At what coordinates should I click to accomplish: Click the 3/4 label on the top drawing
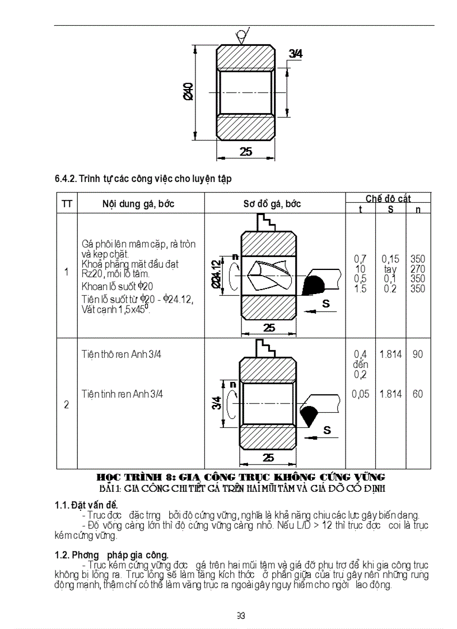(x=296, y=54)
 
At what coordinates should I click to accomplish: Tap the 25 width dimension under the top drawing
(x=246, y=151)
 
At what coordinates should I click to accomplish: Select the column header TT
(x=67, y=204)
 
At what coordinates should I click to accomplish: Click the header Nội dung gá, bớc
(x=138, y=204)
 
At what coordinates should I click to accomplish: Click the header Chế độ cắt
(x=388, y=198)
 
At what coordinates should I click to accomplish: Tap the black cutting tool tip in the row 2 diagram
(x=309, y=416)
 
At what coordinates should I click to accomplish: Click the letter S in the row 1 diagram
(x=326, y=304)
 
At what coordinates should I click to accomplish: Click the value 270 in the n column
(x=417, y=269)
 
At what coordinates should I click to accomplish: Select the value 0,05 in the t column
(x=361, y=394)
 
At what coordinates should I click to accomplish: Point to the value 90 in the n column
(x=418, y=355)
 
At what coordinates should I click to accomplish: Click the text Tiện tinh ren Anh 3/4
(x=122, y=394)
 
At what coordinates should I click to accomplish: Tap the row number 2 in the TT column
(x=67, y=404)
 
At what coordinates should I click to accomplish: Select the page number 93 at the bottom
(x=241, y=616)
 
